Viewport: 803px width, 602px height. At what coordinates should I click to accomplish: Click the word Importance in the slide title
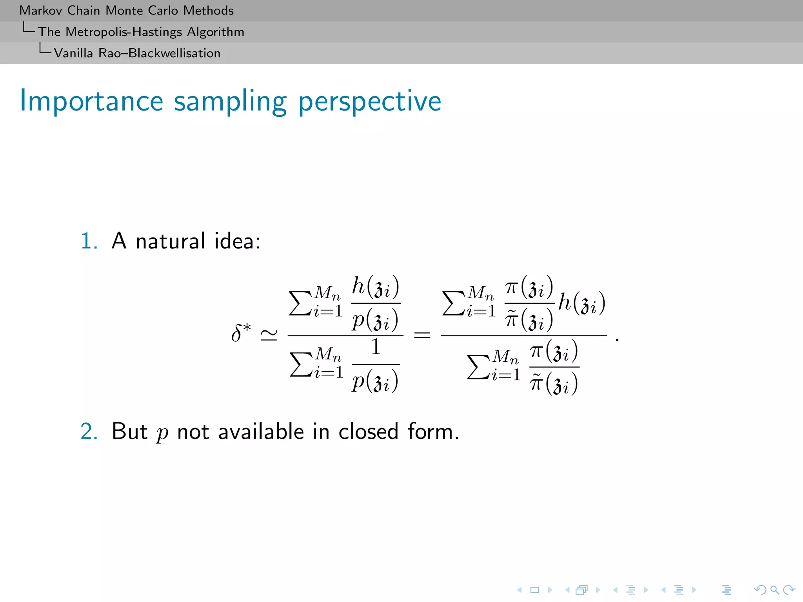[91, 101]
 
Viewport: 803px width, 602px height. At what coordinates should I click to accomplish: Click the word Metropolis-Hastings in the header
[124, 32]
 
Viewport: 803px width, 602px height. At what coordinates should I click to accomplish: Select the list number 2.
[89, 431]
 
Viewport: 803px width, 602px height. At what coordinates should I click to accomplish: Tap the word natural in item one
[170, 241]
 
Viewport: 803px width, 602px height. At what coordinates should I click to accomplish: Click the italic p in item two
[162, 433]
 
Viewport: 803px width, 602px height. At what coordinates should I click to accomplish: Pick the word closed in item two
[368, 431]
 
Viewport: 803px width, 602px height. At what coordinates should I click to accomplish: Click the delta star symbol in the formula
[240, 333]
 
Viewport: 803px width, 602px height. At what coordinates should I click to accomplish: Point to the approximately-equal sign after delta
[269, 335]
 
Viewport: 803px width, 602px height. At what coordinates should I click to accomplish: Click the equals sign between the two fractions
[422, 335]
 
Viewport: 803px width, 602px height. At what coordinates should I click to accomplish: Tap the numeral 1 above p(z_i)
[376, 347]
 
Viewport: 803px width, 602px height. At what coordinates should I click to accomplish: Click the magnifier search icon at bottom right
[774, 589]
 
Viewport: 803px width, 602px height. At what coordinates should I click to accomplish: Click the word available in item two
[261, 431]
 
